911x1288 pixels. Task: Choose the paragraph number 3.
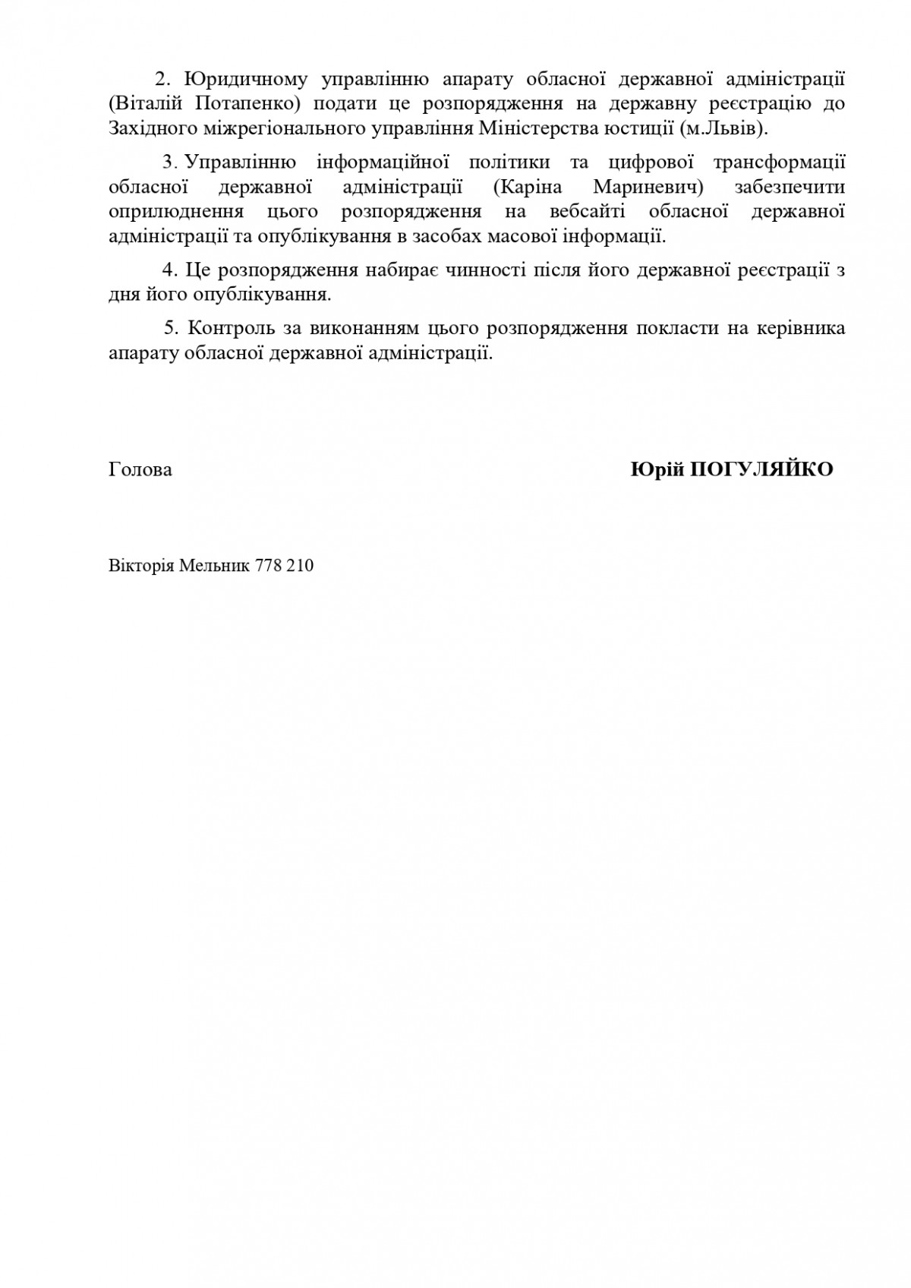pos(168,163)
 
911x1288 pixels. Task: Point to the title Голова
pos(140,469)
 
